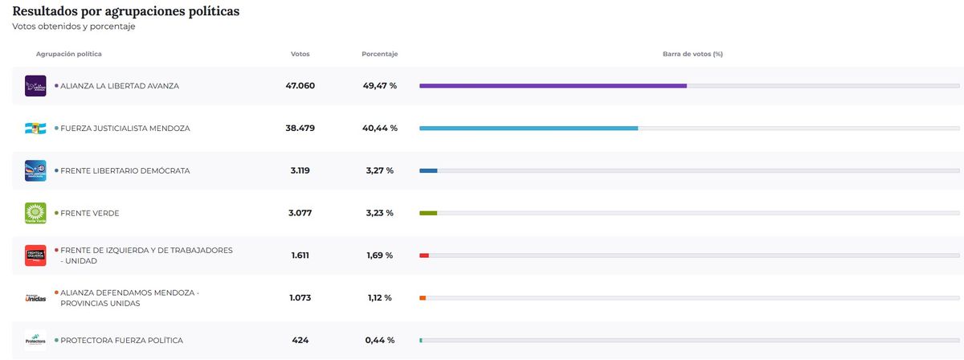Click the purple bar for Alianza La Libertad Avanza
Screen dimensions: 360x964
553,85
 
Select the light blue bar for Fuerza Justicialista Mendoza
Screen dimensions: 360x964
529,128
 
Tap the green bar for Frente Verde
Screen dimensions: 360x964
428,213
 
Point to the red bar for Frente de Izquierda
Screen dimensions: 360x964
424,256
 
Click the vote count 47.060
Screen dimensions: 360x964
300,85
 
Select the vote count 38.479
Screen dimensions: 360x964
300,128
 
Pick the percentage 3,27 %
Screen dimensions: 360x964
379,170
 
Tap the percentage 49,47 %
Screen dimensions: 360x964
379,85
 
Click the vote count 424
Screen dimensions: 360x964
300,341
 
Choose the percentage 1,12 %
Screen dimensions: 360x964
379,298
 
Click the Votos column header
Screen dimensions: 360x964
300,54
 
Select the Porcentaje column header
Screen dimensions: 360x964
380,54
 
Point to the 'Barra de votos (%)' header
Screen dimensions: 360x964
692,54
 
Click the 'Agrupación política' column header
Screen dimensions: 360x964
69,54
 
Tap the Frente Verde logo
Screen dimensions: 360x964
35,213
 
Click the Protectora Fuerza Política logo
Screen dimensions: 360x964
35,341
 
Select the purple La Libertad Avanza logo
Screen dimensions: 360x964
35,85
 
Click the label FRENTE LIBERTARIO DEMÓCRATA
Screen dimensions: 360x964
125,170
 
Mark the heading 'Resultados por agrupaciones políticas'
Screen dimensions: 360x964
125,11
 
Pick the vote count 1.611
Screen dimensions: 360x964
300,256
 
